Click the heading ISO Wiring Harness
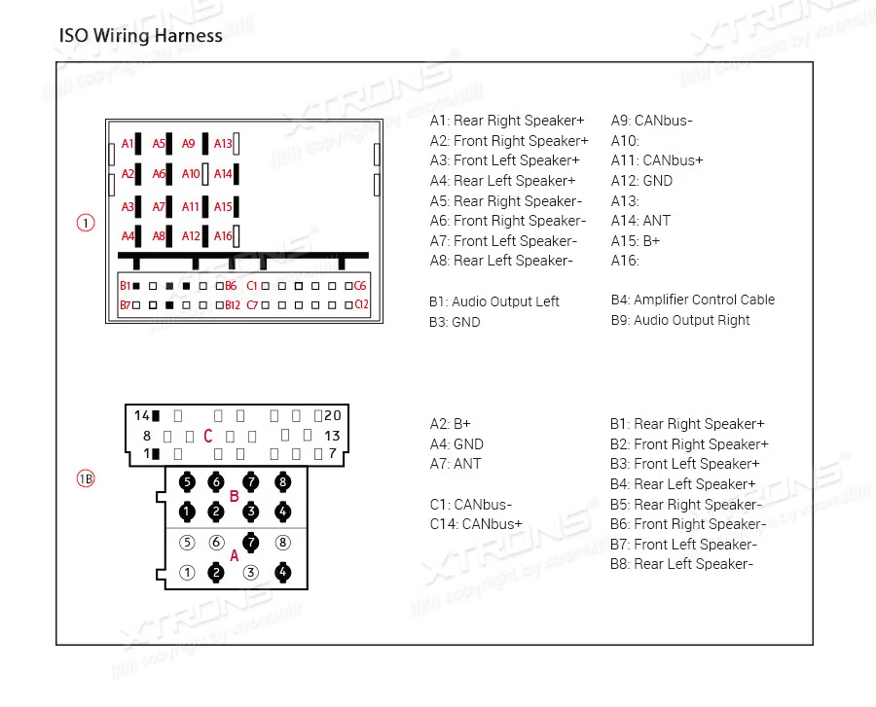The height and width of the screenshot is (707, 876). click(141, 36)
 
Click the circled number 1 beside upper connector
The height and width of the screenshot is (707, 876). click(86, 223)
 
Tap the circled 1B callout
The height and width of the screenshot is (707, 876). click(86, 478)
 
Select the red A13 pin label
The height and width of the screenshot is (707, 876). click(223, 144)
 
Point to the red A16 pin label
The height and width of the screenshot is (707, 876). click(223, 235)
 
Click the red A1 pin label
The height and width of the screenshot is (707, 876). click(128, 144)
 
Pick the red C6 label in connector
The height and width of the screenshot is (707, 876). click(360, 286)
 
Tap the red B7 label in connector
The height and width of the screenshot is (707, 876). click(125, 305)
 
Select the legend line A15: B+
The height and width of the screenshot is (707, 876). click(635, 240)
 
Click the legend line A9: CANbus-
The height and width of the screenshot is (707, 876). click(651, 121)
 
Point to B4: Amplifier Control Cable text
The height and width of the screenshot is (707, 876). click(692, 300)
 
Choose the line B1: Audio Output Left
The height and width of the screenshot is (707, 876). click(493, 301)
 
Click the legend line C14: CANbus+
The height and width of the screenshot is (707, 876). click(476, 524)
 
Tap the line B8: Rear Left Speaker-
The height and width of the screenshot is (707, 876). click(681, 564)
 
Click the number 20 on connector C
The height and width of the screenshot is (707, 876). click(333, 415)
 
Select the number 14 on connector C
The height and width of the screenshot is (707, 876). click(142, 415)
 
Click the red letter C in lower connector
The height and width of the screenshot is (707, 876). click(207, 437)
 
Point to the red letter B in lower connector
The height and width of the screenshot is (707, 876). click(234, 496)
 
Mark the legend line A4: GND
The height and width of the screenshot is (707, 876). click(456, 444)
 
